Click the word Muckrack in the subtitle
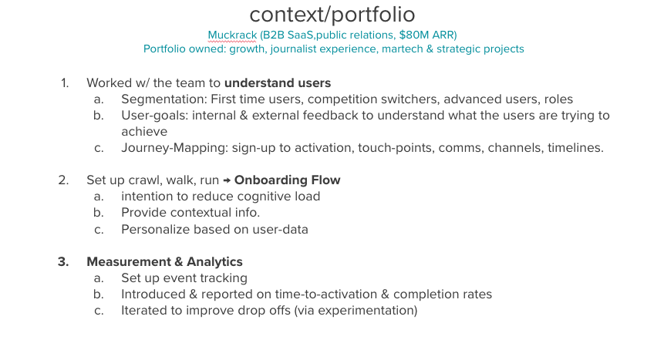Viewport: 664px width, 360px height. click(x=232, y=35)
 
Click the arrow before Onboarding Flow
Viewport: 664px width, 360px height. click(x=228, y=180)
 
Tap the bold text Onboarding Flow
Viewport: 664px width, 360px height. click(x=287, y=180)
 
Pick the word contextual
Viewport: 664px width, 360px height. click(x=199, y=213)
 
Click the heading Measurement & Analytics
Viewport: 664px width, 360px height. click(x=164, y=261)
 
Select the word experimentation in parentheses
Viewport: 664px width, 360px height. click(x=371, y=310)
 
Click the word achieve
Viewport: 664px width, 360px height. click(x=143, y=132)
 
